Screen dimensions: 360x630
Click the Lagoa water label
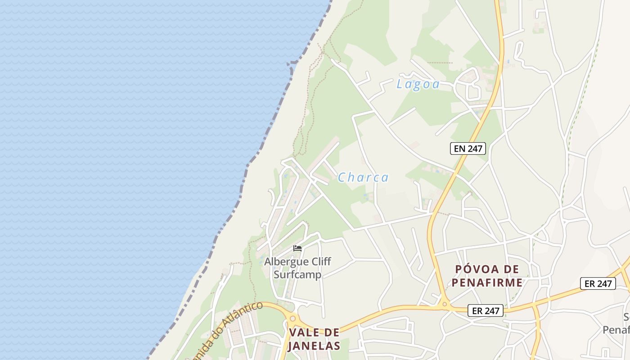click(x=418, y=84)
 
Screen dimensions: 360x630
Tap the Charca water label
click(x=363, y=177)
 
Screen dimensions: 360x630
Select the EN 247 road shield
click(x=468, y=148)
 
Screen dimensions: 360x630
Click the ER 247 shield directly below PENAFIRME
click(x=485, y=310)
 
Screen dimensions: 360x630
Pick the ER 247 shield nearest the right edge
click(x=598, y=283)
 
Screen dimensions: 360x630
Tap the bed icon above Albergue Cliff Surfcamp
click(x=297, y=248)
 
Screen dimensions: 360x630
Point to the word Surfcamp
click(x=297, y=274)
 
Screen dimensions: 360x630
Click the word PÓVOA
click(x=474, y=269)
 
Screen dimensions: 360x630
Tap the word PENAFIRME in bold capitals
click(x=487, y=283)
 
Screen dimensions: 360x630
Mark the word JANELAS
click(x=314, y=346)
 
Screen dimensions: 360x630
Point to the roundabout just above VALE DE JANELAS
click(x=293, y=319)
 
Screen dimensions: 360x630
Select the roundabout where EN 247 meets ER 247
click(x=444, y=305)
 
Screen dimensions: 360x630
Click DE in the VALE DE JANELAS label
click(x=332, y=333)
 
